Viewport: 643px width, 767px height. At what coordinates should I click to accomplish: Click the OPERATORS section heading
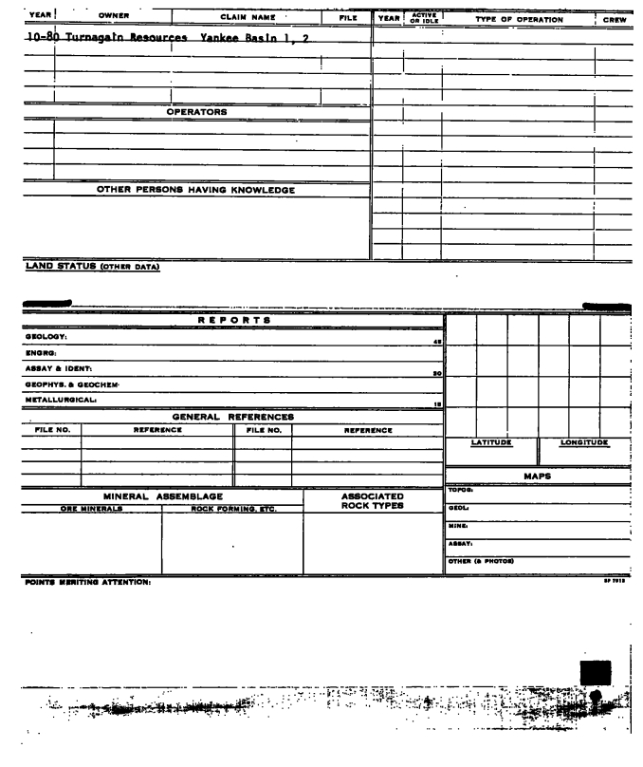(196, 112)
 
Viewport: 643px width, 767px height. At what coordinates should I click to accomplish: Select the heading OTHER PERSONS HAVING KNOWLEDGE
(195, 190)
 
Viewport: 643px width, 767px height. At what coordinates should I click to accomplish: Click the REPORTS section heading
(233, 321)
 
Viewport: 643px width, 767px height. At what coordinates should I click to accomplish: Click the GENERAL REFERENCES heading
(232, 416)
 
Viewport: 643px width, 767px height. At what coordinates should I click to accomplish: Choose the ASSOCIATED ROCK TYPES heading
(372, 500)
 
